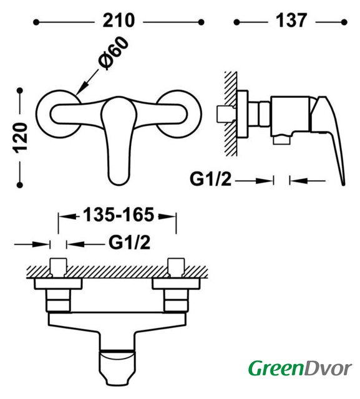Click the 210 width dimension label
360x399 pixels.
(119, 21)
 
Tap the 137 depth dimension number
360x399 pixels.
(291, 21)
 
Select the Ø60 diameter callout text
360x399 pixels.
(113, 53)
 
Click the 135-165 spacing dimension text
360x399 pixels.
(119, 214)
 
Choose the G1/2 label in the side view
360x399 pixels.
(210, 179)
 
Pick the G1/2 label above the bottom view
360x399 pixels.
(129, 243)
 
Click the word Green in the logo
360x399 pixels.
(276, 368)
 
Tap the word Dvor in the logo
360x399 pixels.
(328, 368)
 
